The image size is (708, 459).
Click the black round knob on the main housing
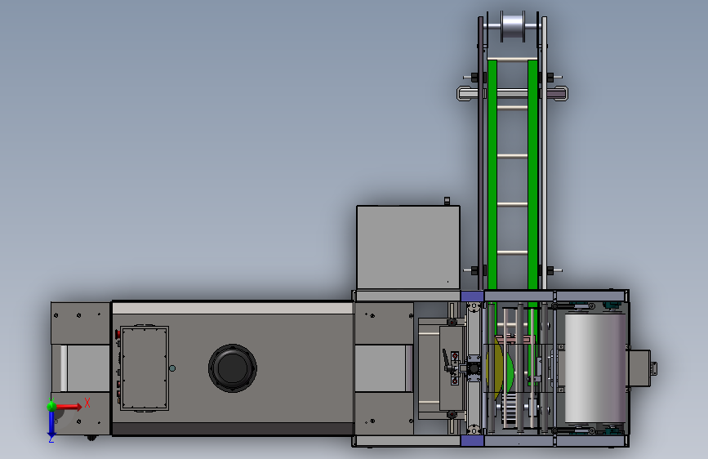click(x=233, y=368)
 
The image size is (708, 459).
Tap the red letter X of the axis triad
click(x=87, y=403)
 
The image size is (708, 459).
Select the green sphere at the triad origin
click(x=51, y=406)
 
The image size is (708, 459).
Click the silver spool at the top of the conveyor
click(x=513, y=26)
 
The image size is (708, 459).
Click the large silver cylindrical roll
click(x=595, y=368)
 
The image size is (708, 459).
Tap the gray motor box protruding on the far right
click(x=639, y=368)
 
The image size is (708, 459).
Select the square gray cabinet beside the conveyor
click(x=408, y=247)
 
